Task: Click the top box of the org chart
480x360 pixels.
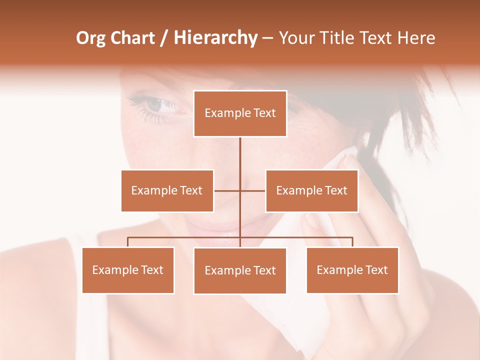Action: coord(240,113)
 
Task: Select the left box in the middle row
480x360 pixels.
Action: coord(167,190)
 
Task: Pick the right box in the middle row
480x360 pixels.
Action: coord(311,190)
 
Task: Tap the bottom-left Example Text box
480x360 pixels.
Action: coord(128,270)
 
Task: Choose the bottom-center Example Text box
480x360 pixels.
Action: coord(240,270)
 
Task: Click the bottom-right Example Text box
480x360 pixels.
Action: coord(352,270)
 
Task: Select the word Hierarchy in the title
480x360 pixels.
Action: coord(215,38)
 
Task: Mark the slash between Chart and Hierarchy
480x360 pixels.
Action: coord(164,38)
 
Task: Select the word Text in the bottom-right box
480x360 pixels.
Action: coord(376,270)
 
